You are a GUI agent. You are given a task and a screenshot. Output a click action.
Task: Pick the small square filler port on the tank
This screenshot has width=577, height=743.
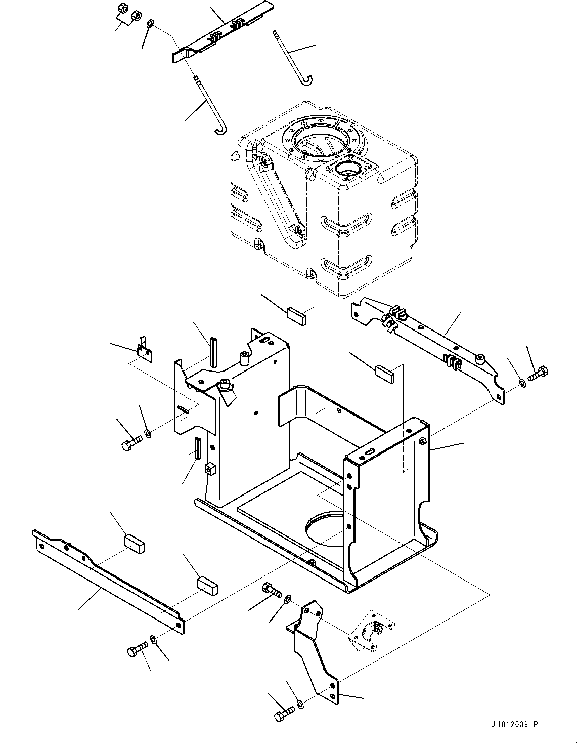350,170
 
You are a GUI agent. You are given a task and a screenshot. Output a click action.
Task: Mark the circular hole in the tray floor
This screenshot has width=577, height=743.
329,530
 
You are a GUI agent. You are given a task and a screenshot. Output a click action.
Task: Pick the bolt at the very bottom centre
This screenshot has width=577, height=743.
284,716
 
